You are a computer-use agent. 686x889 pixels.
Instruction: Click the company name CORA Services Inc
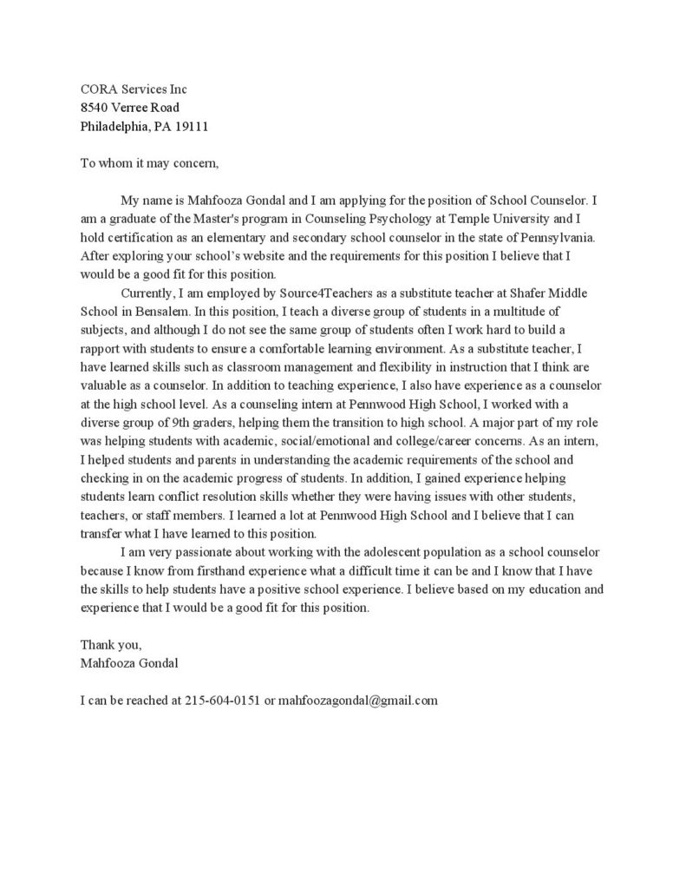pyautogui.click(x=133, y=89)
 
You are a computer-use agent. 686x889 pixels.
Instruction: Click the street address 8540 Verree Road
pyautogui.click(x=129, y=108)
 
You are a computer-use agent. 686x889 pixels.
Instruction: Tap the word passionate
pyautogui.click(x=201, y=551)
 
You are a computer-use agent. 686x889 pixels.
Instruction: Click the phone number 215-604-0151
pyautogui.click(x=223, y=699)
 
